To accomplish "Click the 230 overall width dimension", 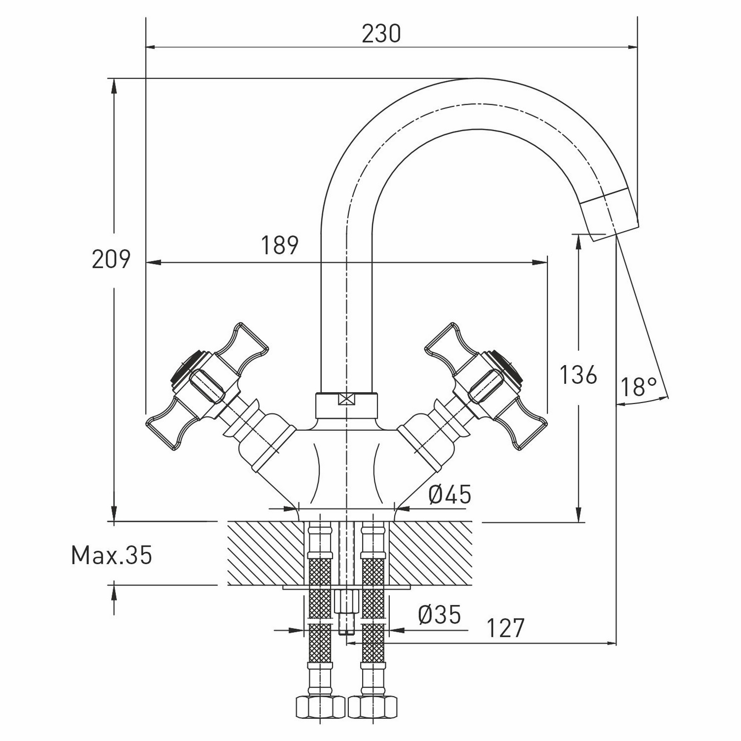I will [x=381, y=34].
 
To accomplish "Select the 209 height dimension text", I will [x=111, y=259].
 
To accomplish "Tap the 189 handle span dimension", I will [x=280, y=245].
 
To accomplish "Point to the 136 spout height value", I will [x=578, y=375].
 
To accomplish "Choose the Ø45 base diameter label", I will [x=450, y=494].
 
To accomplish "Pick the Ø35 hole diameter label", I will [x=439, y=615].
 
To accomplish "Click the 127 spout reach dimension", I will [x=505, y=628].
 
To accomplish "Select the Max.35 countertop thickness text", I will [x=112, y=556].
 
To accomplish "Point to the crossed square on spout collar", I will [x=346, y=399].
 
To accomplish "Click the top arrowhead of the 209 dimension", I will [x=114, y=85].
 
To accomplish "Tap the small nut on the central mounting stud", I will [x=345, y=601].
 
